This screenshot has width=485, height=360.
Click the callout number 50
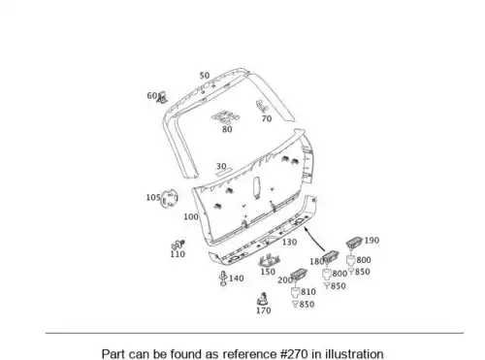click(205, 76)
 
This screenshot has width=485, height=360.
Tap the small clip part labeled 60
click(162, 98)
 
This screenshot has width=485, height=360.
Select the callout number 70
click(267, 118)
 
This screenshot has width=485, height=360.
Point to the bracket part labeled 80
click(226, 116)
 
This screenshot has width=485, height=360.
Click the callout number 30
click(221, 166)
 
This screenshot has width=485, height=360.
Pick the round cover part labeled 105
click(170, 198)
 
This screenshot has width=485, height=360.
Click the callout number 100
click(191, 216)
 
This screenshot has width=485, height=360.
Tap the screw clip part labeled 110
click(178, 245)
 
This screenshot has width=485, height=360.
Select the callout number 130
click(289, 242)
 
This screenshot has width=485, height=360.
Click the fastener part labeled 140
click(223, 278)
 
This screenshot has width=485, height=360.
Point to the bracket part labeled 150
click(269, 260)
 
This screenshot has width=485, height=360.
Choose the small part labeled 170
click(263, 299)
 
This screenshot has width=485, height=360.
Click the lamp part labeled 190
click(354, 243)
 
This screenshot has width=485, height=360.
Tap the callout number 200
click(285, 280)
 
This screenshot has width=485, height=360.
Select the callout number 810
click(308, 292)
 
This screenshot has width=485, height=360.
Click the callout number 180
click(317, 261)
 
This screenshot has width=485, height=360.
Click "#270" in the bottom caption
click(294, 354)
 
